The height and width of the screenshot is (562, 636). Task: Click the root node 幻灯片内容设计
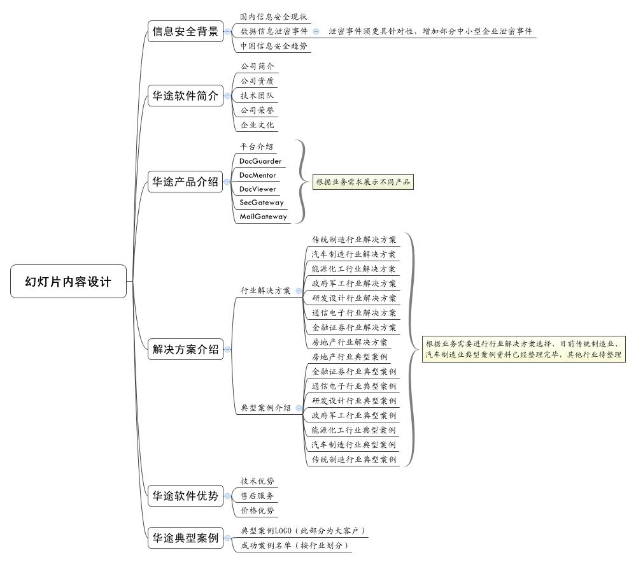(x=68, y=282)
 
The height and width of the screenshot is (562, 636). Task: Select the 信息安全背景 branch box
(x=185, y=31)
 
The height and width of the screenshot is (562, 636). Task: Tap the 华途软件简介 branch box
(x=185, y=96)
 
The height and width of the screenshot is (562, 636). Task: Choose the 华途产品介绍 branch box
(x=185, y=182)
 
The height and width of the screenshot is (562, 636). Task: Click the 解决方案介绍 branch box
(x=185, y=349)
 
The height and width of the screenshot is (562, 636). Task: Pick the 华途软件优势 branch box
(x=185, y=496)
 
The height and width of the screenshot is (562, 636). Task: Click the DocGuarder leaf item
(x=260, y=161)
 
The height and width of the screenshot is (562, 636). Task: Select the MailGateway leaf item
(x=263, y=217)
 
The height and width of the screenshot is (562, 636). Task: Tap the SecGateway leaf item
(x=261, y=203)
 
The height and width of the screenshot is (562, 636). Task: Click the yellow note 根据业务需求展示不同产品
(x=363, y=182)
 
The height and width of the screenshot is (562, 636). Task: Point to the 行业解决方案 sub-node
(x=265, y=291)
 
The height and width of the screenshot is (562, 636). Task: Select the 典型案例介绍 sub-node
(x=265, y=408)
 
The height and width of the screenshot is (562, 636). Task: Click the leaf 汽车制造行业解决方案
(x=353, y=254)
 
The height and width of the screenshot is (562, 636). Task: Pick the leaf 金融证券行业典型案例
(x=353, y=371)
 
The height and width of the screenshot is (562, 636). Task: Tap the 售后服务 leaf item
(x=257, y=496)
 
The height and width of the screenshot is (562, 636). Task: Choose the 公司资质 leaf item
(x=257, y=81)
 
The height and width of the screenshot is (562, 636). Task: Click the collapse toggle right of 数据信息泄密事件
(x=316, y=31)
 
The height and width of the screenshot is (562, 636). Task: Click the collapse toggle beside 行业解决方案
(x=299, y=291)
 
